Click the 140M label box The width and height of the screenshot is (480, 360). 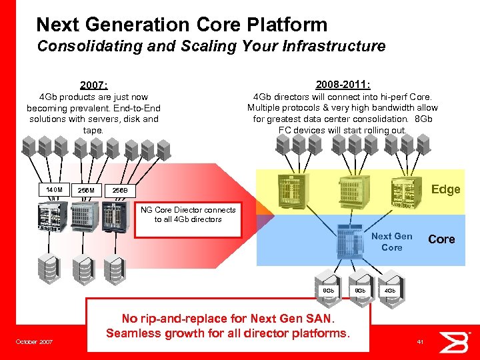[x=54, y=190]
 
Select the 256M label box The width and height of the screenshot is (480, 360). [x=86, y=191]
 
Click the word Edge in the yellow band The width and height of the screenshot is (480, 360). [x=445, y=189]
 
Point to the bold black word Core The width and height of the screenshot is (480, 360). [x=441, y=239]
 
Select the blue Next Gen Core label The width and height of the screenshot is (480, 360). [x=392, y=242]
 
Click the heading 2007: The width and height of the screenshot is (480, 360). [x=94, y=85]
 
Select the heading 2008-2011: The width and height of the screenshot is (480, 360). [x=343, y=85]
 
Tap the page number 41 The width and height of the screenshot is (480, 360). [x=420, y=342]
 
